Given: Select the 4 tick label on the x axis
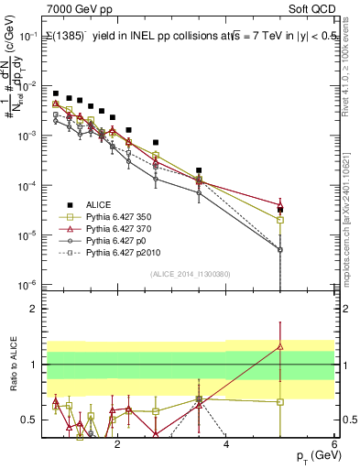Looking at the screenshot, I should [225, 444].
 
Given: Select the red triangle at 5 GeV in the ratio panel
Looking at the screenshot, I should [280, 346].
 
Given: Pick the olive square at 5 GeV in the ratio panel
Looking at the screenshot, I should [280, 401].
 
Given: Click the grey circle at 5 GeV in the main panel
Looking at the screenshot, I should [280, 249].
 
